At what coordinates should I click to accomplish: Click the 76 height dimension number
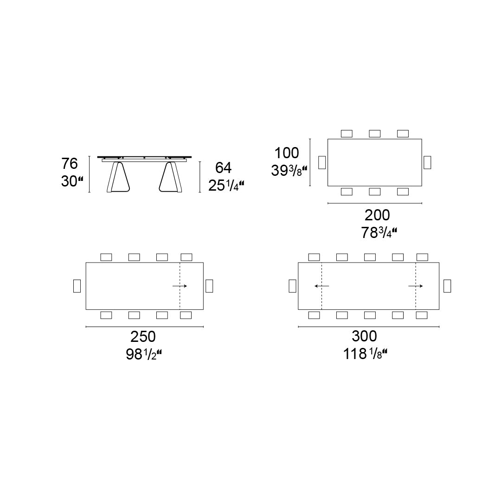pos(70,164)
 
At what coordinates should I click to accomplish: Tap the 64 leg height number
pos(223,168)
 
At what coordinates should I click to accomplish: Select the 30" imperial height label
pos(72,181)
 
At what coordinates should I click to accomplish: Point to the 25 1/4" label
pos(226,185)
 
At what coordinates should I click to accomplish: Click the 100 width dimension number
pos(287,153)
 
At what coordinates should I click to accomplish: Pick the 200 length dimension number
pos(377,215)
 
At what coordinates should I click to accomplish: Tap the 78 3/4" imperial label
pos(379,232)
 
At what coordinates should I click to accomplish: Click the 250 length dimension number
pos(143,336)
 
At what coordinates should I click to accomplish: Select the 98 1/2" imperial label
pos(144,354)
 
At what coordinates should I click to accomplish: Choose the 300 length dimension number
pos(364,336)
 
